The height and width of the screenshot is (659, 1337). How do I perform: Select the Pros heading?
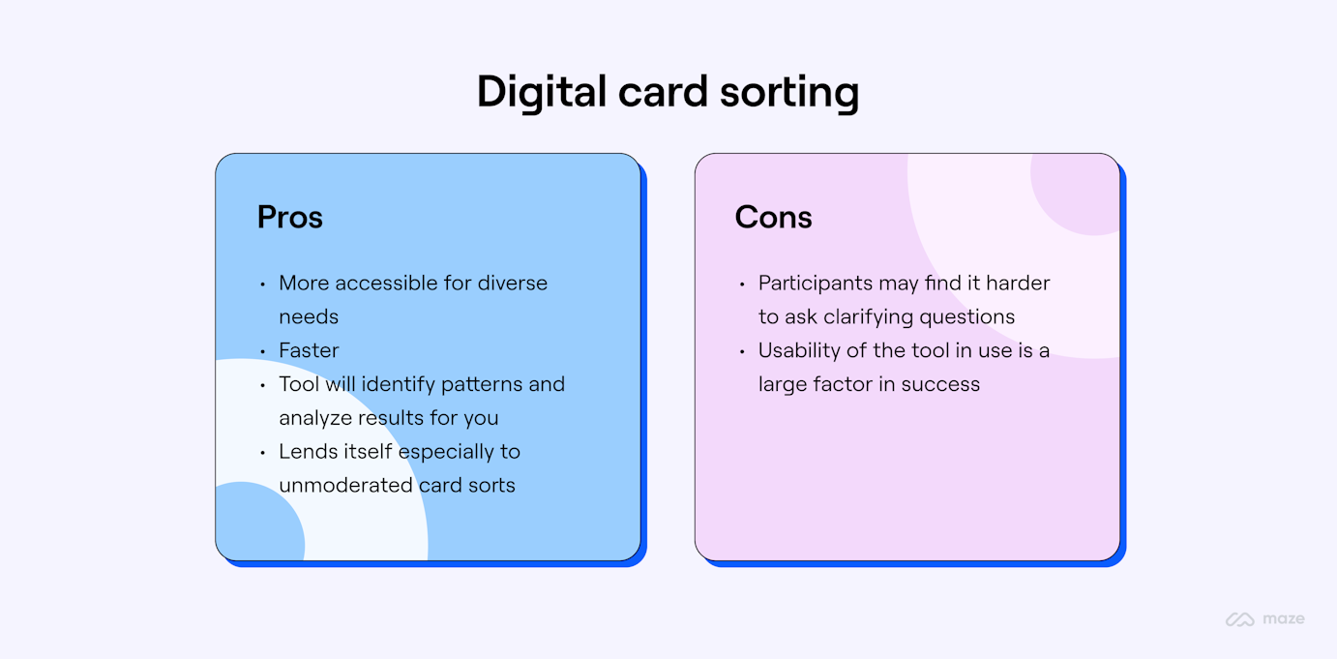tap(289, 217)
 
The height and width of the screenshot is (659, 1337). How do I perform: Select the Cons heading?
tap(773, 217)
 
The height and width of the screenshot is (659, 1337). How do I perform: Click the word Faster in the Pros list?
tap(309, 350)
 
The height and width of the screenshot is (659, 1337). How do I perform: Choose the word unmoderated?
tap(335, 486)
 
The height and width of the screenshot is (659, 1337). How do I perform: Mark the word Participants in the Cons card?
tap(816, 284)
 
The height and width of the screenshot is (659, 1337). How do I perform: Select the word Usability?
tap(798, 350)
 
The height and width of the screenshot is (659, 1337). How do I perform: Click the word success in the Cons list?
tap(940, 384)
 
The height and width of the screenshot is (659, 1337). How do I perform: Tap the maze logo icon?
tap(1239, 619)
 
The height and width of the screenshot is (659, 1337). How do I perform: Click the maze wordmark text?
tap(1283, 619)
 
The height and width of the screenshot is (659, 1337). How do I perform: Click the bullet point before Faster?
tap(262, 351)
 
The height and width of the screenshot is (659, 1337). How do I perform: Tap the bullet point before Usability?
tap(741, 351)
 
